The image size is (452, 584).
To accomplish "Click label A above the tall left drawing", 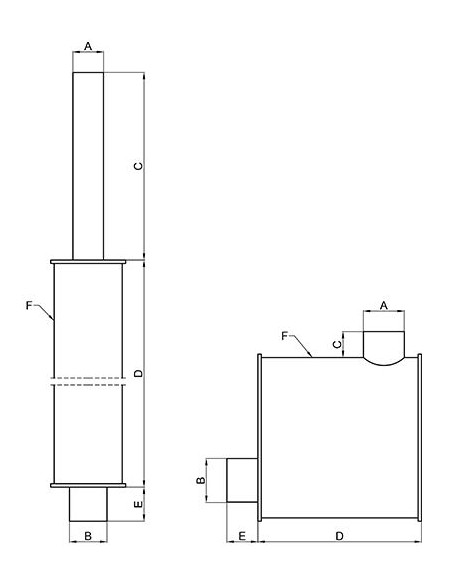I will [88, 46].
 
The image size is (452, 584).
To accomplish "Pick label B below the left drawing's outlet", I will [88, 537].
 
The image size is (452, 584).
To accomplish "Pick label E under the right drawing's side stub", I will [243, 537].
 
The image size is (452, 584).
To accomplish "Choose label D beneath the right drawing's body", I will [340, 537].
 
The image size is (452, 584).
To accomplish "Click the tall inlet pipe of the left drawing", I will [88, 160].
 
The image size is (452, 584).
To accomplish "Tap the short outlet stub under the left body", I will [88, 504].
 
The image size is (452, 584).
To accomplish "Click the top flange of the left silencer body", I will [88, 262].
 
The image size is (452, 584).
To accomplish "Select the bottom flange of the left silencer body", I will [88, 486].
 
